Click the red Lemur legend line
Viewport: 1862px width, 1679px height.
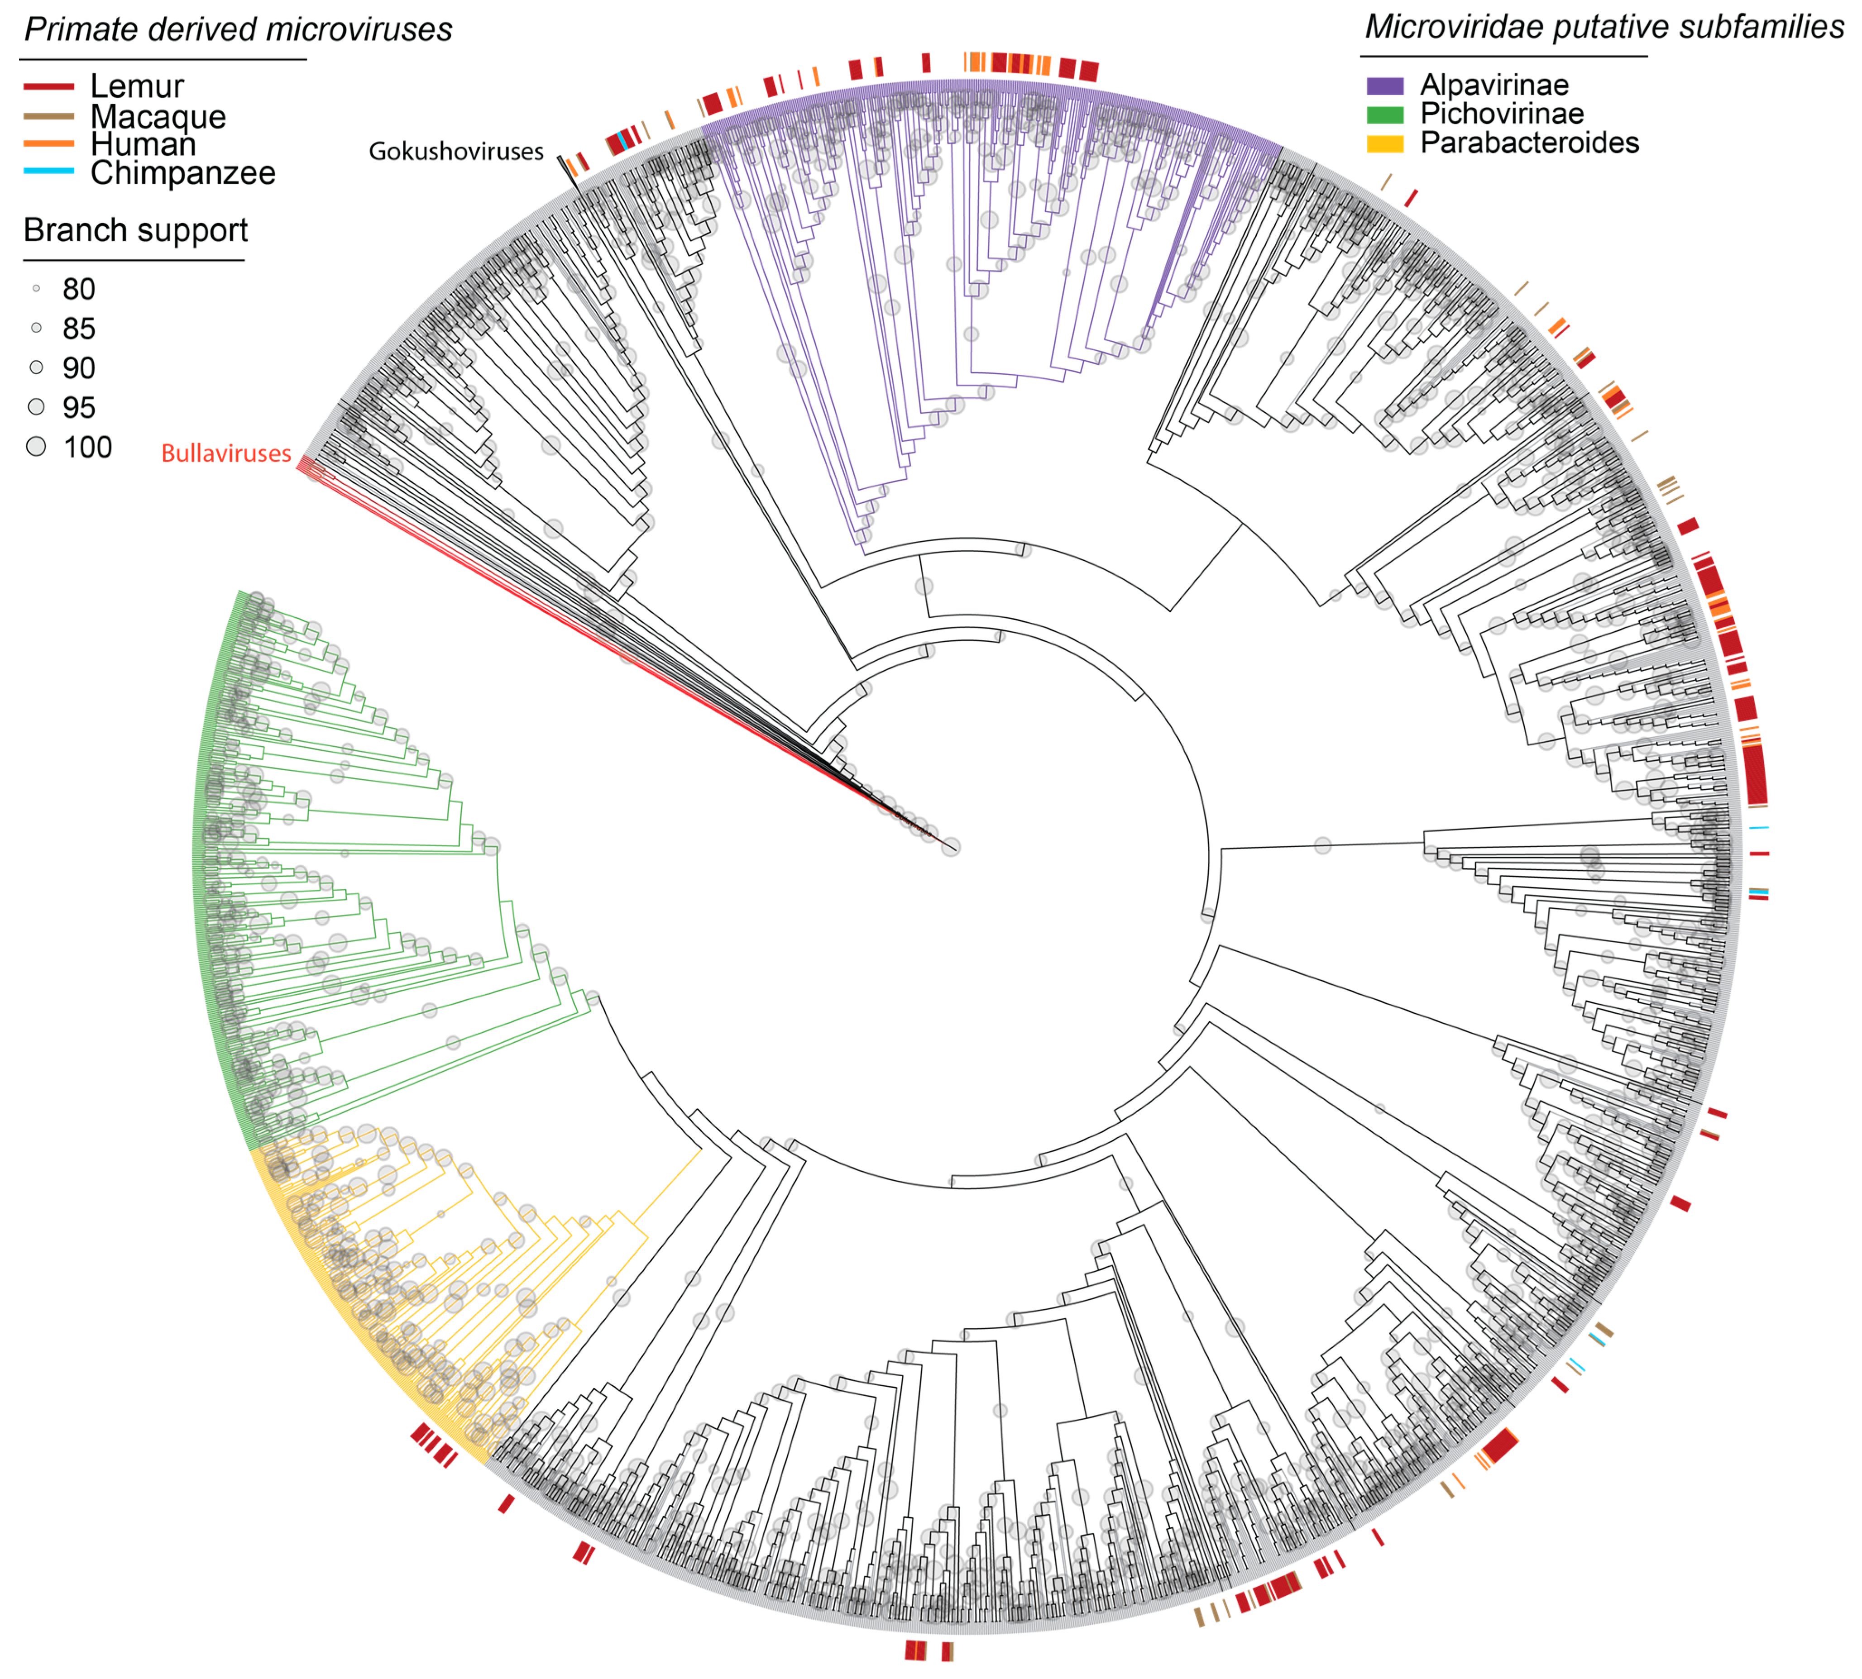48,87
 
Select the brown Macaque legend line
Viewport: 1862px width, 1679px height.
48,116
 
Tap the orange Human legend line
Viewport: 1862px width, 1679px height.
48,144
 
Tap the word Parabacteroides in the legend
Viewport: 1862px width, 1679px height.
1529,143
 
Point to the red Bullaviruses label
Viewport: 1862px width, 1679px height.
226,453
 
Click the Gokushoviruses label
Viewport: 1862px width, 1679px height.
456,151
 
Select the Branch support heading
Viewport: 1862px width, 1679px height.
136,230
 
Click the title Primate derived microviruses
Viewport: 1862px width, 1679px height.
238,29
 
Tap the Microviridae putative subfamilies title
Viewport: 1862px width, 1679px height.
1604,27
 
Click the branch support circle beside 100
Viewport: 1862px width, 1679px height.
36,448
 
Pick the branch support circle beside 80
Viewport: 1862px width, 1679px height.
36,289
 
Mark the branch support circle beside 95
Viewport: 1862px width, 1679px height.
36,407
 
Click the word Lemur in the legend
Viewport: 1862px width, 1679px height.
137,87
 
